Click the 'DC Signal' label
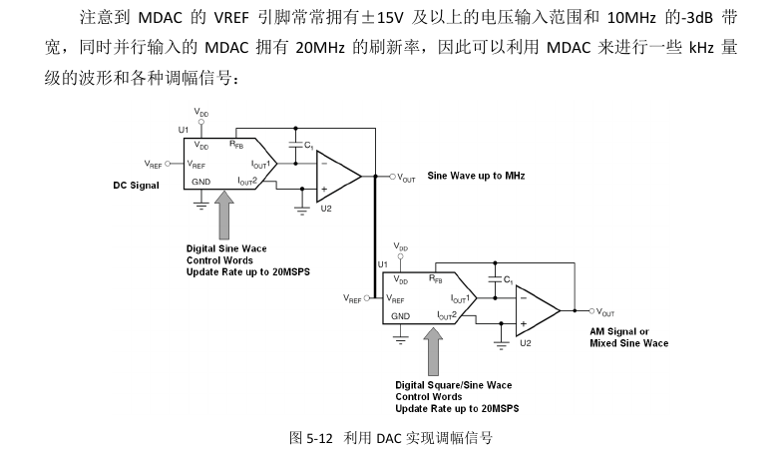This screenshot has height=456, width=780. [x=136, y=185]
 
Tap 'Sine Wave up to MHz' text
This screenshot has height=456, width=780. [x=476, y=176]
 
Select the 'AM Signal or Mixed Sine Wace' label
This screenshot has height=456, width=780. [x=628, y=337]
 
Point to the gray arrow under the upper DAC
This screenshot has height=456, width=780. [x=226, y=214]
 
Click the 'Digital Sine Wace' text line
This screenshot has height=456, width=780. [x=226, y=248]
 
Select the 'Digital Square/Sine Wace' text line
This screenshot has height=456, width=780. [x=453, y=384]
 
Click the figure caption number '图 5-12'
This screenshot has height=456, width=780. [x=311, y=437]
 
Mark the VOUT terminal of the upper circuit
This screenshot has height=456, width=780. [x=392, y=178]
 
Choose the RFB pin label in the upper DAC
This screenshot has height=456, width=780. [x=235, y=145]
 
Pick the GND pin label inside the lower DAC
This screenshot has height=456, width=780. [x=400, y=316]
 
